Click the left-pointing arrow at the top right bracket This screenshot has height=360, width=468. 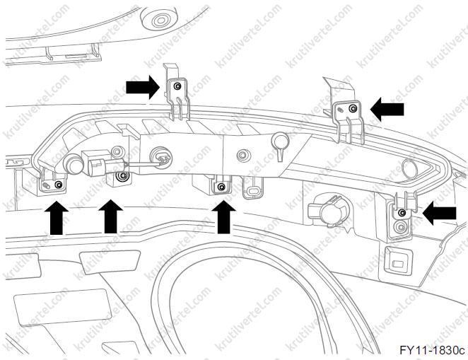387,108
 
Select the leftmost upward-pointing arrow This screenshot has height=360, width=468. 56,217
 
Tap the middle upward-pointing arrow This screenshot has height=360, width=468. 109,217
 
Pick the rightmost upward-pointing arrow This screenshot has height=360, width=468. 223,217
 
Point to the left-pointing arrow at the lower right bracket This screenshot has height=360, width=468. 439,211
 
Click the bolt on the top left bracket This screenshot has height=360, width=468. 177,86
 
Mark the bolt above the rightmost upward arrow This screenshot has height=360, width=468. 222,187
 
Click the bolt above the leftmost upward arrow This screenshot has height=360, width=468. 57,185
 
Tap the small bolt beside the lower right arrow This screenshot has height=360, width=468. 402,212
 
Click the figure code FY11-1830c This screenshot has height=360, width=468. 431,349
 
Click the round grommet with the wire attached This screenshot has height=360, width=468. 161,158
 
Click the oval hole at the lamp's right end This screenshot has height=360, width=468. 408,168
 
